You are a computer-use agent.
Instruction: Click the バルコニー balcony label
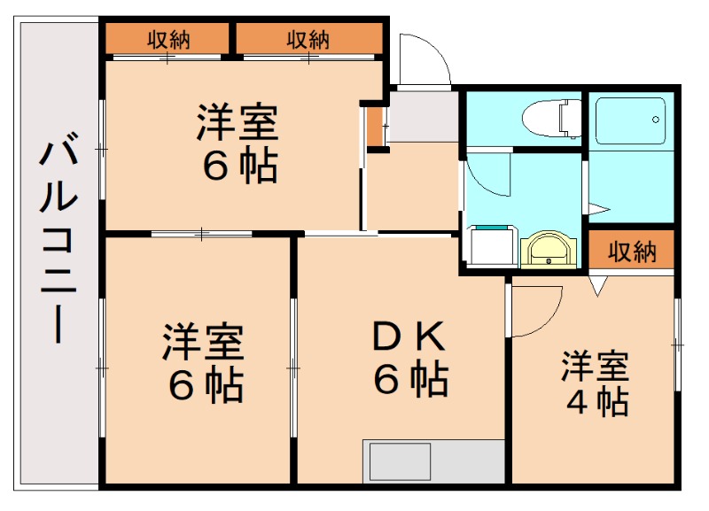coord(55,239)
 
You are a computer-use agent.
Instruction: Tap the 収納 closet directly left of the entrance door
coord(308,39)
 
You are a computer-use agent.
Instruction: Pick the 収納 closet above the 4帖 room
coord(633,252)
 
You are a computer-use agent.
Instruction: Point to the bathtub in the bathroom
coord(630,120)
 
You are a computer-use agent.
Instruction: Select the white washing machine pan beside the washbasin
coord(491,245)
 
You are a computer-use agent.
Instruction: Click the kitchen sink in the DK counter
coord(400,461)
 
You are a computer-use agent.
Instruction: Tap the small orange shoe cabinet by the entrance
coord(376,127)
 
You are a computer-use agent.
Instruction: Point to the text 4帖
coord(597,402)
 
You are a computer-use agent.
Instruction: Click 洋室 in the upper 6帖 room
coord(238,122)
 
